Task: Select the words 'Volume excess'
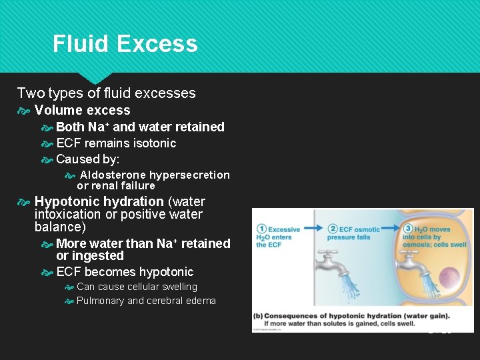(x=82, y=110)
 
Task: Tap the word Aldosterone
(x=113, y=175)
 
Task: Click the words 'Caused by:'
(x=88, y=159)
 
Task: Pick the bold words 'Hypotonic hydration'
(x=99, y=201)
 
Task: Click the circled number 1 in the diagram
(x=262, y=229)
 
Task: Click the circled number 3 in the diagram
(x=407, y=229)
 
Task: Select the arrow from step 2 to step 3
(x=392, y=229)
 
